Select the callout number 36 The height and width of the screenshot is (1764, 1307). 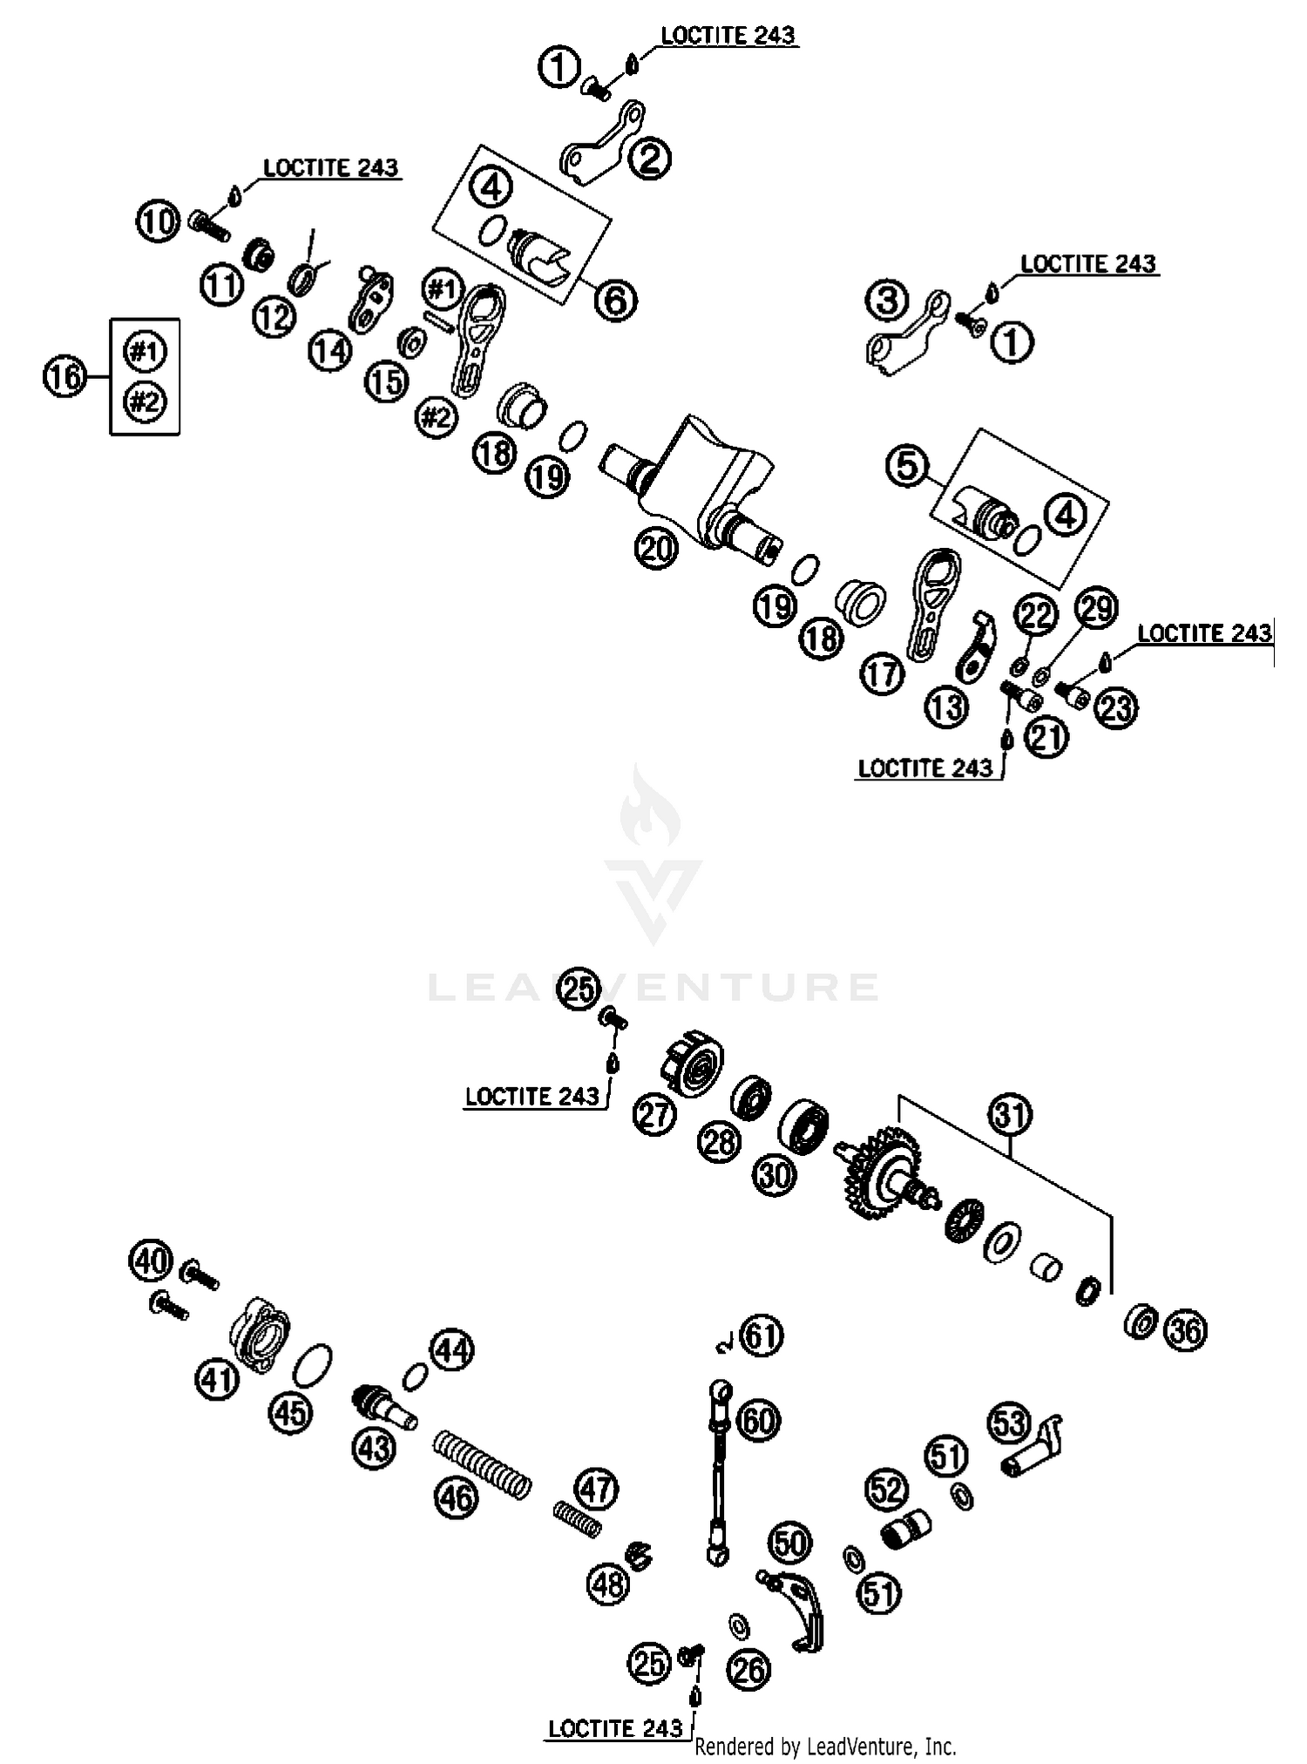1185,1330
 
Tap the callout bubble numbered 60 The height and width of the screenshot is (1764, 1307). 759,1420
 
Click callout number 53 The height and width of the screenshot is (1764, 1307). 1009,1423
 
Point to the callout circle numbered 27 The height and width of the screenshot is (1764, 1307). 655,1113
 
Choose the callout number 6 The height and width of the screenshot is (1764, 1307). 615,301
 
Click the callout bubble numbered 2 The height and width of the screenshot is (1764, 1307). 650,159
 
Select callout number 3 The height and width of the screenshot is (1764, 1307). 887,301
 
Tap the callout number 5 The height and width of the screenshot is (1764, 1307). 908,465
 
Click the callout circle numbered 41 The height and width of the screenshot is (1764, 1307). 217,1379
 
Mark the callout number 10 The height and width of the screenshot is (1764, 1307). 158,221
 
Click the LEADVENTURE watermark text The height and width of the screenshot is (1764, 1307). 653,987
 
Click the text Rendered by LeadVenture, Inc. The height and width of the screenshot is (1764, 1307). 825,1746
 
